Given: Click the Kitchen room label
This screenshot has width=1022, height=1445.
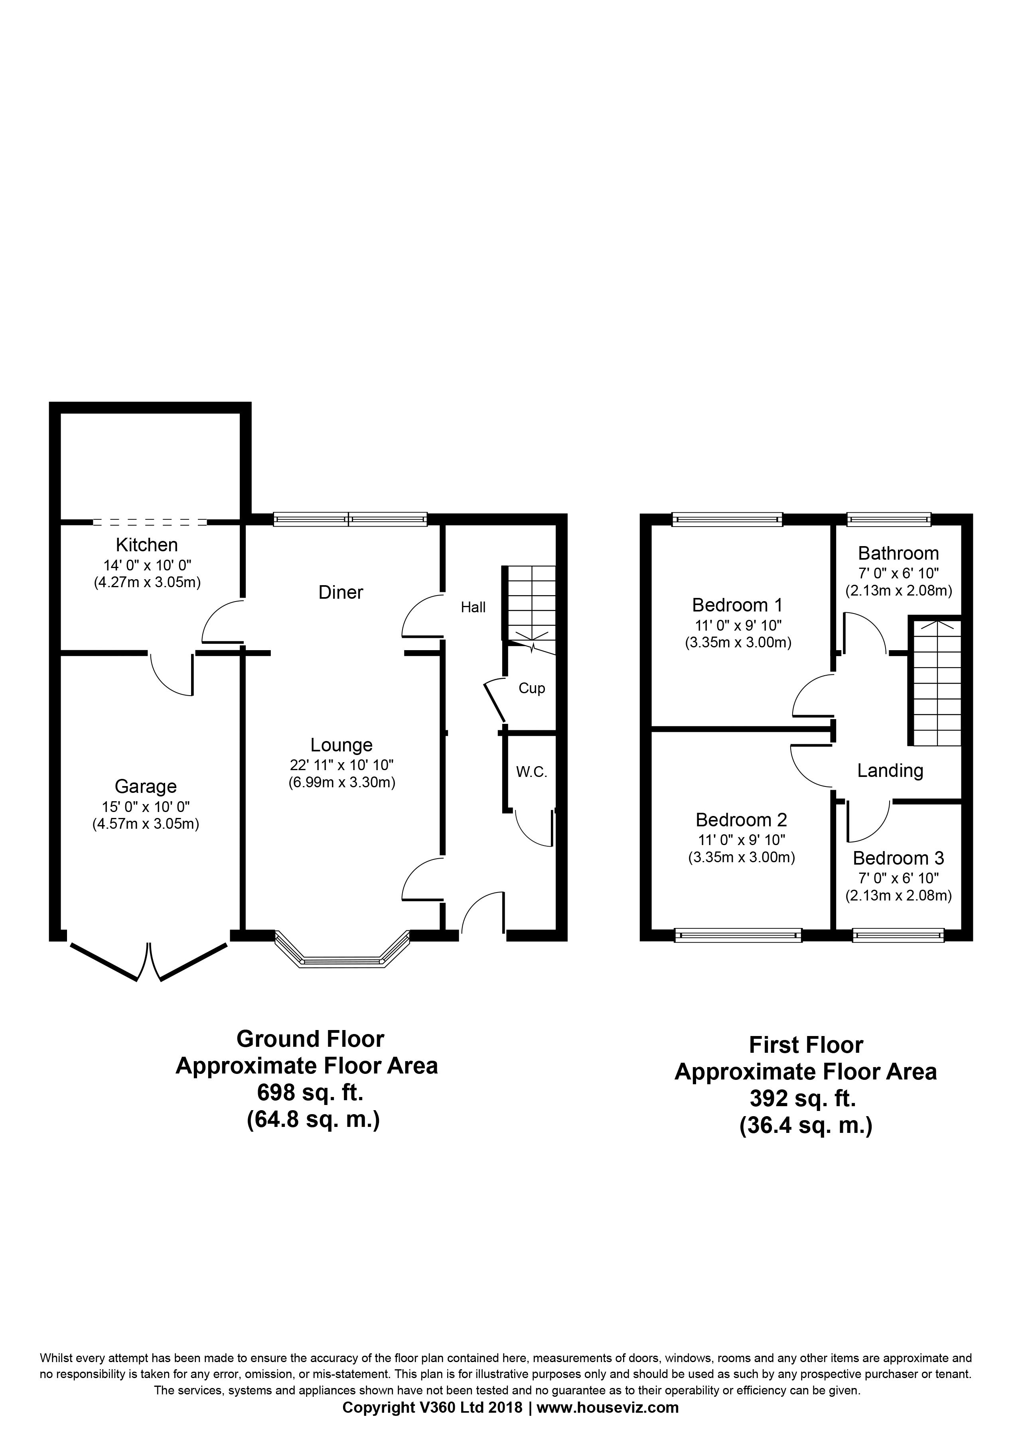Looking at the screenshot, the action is (147, 545).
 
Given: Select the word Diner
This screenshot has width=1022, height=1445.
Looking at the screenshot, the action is (341, 592).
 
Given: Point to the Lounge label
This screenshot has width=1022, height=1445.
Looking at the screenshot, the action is (341, 745).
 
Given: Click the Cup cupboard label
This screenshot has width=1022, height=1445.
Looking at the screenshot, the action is (531, 688).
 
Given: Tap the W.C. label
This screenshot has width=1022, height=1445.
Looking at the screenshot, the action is (531, 772).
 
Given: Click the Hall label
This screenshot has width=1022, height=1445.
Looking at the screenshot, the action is (473, 607).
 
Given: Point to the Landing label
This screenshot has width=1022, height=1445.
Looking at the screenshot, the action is (890, 770).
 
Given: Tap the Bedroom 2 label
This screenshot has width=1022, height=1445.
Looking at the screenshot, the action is (741, 820).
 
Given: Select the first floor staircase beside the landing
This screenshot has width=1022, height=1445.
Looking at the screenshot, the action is (935, 682).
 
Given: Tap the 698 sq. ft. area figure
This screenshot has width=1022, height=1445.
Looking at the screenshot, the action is (310, 1093).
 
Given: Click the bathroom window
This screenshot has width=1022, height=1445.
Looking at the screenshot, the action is (888, 519).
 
